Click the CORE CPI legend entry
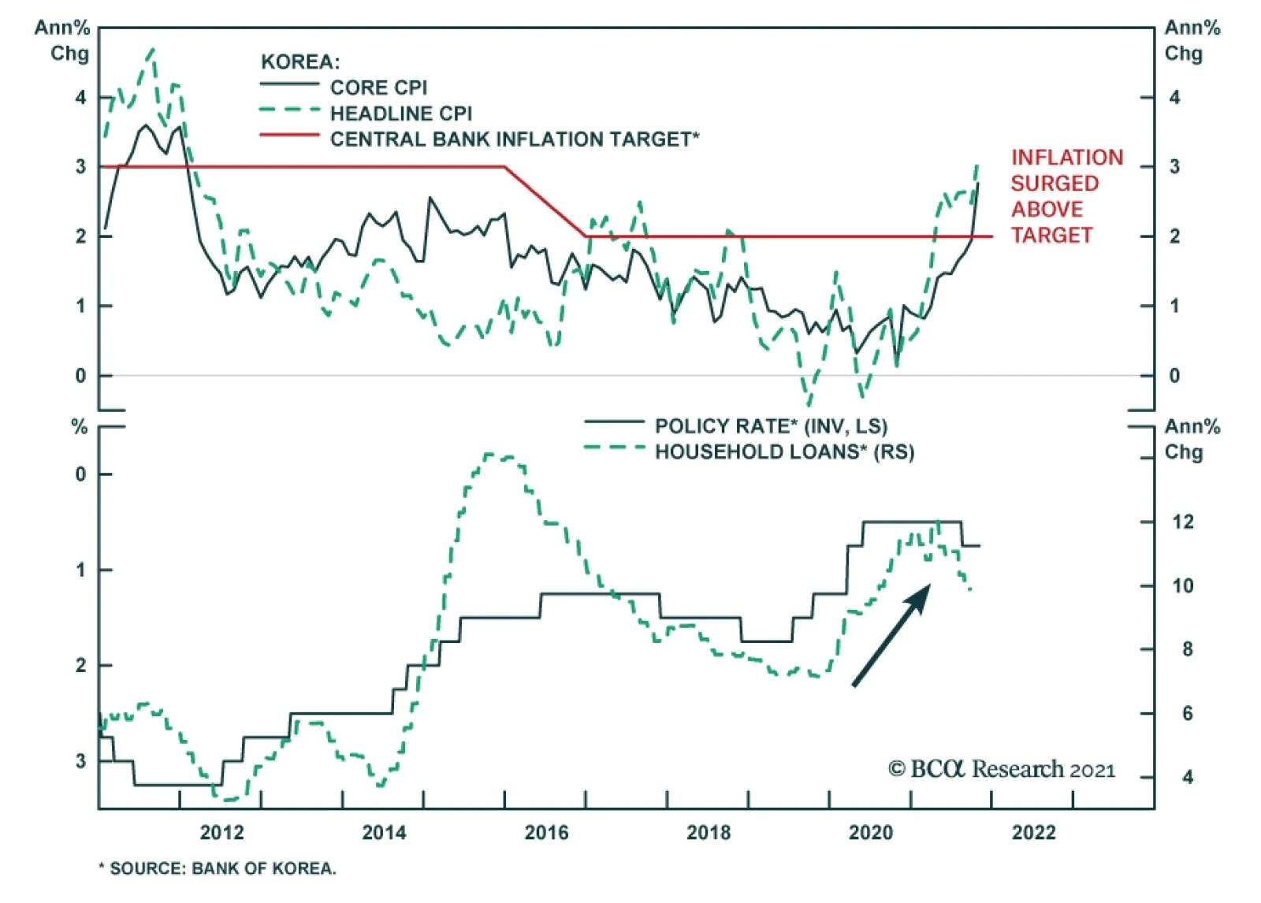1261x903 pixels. (x=378, y=87)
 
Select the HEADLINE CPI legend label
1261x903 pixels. (x=400, y=113)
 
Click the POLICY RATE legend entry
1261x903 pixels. (x=770, y=426)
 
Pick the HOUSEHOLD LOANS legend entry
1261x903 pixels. (x=784, y=452)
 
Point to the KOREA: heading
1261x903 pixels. (x=300, y=62)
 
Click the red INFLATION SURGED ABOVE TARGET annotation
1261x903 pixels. (x=1066, y=196)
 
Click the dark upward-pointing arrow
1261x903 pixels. (x=891, y=635)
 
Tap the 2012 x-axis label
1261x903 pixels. (x=221, y=833)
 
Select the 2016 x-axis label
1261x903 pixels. (x=546, y=833)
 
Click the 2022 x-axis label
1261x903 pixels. (x=1033, y=833)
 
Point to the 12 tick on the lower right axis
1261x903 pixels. (x=1182, y=522)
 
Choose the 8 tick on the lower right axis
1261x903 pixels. (x=1187, y=650)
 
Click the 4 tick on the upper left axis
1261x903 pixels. (x=80, y=98)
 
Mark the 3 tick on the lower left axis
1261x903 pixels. (x=80, y=761)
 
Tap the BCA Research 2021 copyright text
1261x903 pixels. (x=1002, y=769)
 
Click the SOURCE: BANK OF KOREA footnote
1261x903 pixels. (x=218, y=868)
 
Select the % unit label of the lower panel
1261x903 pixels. (x=80, y=427)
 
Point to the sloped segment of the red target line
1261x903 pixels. (x=545, y=202)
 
